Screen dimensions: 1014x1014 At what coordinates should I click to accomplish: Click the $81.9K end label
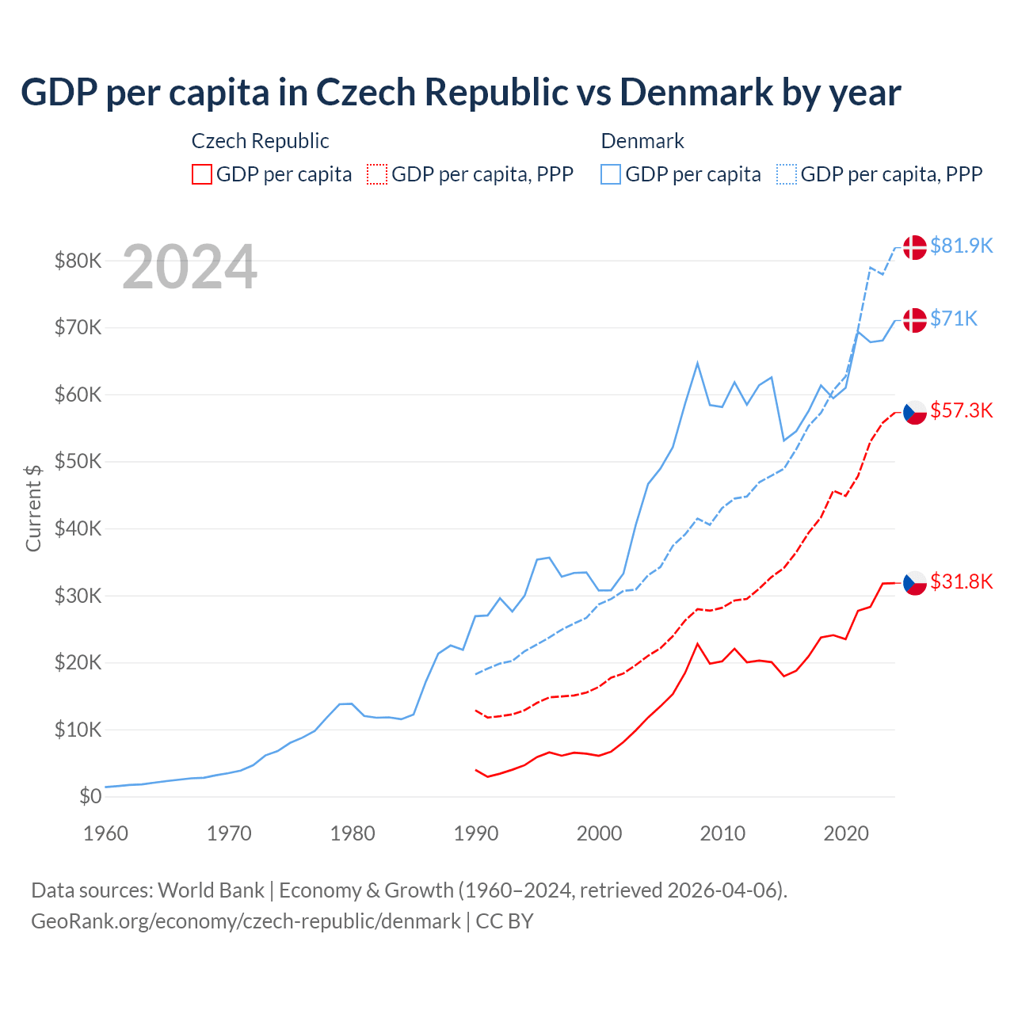(961, 246)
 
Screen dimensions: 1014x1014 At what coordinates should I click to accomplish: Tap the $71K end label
(954, 318)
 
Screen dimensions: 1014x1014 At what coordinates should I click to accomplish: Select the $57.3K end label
(961, 410)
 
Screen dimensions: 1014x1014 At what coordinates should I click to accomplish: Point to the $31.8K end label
(961, 581)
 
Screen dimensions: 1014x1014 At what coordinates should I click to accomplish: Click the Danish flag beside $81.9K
(915, 247)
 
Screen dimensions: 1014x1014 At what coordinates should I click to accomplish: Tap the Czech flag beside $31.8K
(915, 582)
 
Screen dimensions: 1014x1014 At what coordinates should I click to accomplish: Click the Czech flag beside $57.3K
(915, 411)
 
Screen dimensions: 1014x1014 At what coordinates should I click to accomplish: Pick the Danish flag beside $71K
(915, 320)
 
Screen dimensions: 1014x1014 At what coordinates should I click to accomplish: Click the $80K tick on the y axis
(78, 261)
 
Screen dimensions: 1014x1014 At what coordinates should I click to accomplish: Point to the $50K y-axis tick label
(78, 461)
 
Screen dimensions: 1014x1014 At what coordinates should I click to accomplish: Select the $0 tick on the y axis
(90, 796)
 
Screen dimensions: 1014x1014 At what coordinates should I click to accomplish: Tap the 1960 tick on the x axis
(105, 833)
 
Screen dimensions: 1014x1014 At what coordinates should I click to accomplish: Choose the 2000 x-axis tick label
(600, 833)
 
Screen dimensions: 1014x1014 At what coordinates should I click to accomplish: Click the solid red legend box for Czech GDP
(202, 174)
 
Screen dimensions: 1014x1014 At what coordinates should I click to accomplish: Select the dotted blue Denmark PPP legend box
(787, 174)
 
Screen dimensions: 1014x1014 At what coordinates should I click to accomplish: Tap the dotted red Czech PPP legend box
(377, 174)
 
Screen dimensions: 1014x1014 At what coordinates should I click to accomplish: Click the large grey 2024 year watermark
(189, 267)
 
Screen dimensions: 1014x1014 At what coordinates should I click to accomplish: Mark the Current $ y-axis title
(33, 508)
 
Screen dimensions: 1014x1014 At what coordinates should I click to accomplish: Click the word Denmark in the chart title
(696, 92)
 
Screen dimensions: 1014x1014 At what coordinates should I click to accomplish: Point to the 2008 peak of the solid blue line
(697, 363)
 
